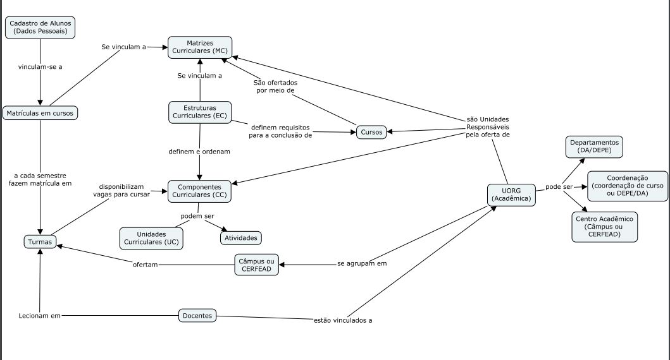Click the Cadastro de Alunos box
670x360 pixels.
(40, 27)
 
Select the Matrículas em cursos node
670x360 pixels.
(40, 113)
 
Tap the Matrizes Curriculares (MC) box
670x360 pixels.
(199, 47)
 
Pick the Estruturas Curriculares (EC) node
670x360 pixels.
(200, 112)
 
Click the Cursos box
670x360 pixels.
(371, 132)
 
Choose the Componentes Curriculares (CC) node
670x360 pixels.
(199, 191)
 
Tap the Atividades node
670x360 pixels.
(240, 238)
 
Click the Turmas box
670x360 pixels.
(40, 241)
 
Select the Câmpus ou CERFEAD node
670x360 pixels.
(256, 265)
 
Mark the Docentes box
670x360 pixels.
(197, 315)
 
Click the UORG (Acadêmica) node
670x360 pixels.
(512, 195)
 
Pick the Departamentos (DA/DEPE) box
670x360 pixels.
(594, 147)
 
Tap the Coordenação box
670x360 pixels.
(627, 186)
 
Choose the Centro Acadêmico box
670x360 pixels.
(604, 226)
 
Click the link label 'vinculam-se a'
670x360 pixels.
(40, 66)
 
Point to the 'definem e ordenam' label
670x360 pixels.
(199, 152)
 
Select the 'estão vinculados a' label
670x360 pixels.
(343, 320)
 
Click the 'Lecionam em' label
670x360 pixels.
(39, 315)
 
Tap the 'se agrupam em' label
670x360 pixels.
(362, 263)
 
